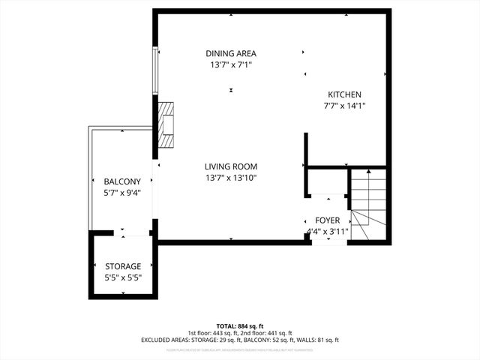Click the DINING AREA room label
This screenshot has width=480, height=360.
[x=231, y=53]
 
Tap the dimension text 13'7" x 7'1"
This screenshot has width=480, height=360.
[x=231, y=65]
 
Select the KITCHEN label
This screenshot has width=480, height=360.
[x=344, y=94]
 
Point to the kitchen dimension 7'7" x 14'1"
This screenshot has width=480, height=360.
[x=344, y=106]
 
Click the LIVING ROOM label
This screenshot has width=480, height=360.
[x=231, y=166]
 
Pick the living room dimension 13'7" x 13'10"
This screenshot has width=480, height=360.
[x=231, y=178]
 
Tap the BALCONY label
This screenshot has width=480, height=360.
[x=122, y=181]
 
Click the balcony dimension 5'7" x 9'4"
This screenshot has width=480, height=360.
[x=122, y=193]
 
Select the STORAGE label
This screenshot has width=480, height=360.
[x=123, y=266]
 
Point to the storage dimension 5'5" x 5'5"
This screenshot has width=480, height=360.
[x=123, y=278]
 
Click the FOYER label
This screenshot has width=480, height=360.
[x=327, y=220]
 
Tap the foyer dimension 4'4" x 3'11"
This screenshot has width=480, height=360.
[x=327, y=231]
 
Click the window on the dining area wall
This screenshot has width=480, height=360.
[x=156, y=71]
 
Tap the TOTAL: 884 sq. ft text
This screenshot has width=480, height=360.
[x=239, y=325]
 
